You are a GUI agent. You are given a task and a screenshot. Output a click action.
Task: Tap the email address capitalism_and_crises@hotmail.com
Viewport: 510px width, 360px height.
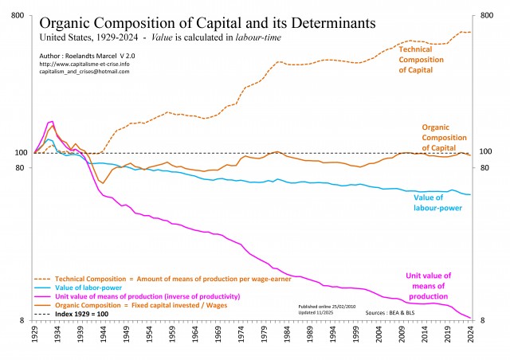[84, 72]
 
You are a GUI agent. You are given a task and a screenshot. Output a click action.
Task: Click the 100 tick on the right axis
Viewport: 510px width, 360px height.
[486, 152]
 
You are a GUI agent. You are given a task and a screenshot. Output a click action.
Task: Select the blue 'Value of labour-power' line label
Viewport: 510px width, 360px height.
[438, 202]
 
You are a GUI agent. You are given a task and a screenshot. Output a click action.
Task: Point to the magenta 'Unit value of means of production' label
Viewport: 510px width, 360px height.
[428, 285]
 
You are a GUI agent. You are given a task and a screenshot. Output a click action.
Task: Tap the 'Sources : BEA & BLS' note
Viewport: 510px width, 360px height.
[397, 314]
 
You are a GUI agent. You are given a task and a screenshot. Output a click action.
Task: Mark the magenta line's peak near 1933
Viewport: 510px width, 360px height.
[52, 121]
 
